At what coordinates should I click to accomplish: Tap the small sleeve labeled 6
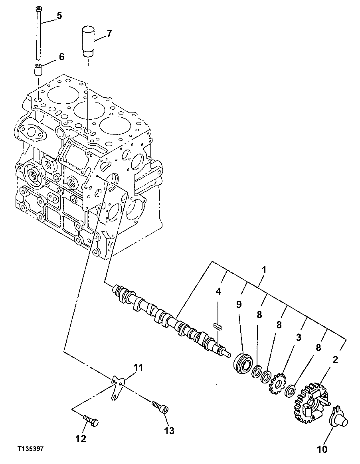[x=38, y=70]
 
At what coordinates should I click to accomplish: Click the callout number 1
[x=264, y=270]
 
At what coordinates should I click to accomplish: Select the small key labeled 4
[x=218, y=326]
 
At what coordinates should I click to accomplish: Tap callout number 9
[x=239, y=305]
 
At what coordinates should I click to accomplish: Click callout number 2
[x=336, y=359]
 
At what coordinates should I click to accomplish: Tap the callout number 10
[x=322, y=450]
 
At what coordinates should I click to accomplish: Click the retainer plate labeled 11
[x=116, y=386]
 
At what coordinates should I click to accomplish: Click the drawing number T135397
[x=30, y=449]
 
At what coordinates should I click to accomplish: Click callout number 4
[x=218, y=292]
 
